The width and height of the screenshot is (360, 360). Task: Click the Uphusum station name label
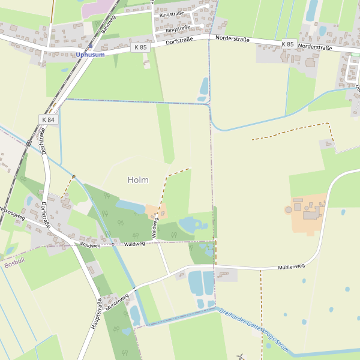coord(90,55)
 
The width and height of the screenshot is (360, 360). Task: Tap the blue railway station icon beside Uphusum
coord(91,46)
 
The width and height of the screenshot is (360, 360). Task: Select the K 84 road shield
coord(48,119)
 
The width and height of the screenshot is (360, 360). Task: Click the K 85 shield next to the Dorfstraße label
coord(140,47)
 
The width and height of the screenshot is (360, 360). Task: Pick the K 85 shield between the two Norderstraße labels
coord(288,44)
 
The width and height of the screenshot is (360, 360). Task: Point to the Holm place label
coord(138,179)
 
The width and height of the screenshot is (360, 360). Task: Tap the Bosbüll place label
coord(13,264)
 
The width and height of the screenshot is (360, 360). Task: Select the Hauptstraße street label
coord(95,313)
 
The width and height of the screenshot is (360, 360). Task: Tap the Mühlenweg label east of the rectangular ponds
coord(292,266)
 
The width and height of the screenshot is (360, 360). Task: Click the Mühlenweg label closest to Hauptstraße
coord(117,301)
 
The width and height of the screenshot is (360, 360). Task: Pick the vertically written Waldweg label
coord(154,227)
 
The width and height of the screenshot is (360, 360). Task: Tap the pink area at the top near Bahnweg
coord(96,9)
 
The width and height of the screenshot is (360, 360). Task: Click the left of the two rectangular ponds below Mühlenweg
coord(196,283)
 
